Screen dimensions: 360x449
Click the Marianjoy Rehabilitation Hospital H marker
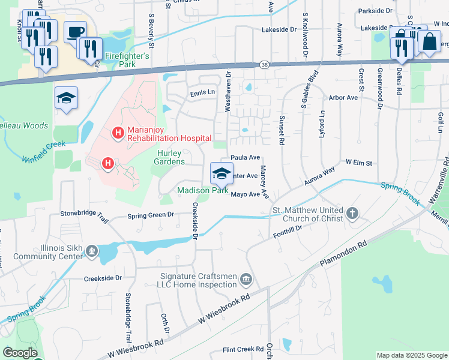(x=118, y=131)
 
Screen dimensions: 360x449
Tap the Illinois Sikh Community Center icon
(x=92, y=251)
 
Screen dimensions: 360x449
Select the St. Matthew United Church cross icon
(x=352, y=213)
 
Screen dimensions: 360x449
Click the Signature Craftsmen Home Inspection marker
(x=246, y=280)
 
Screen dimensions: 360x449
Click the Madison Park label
(x=203, y=191)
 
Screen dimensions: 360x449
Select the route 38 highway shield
(x=265, y=64)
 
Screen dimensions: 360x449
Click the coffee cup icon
(x=75, y=32)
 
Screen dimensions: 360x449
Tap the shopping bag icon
(x=429, y=42)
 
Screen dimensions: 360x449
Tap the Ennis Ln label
(x=202, y=92)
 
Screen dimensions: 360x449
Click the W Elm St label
(x=359, y=163)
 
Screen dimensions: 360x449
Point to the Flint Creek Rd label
(x=243, y=349)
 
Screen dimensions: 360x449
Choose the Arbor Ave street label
(x=343, y=97)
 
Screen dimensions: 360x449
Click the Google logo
(x=20, y=352)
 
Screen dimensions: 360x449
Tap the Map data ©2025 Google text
(x=411, y=355)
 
